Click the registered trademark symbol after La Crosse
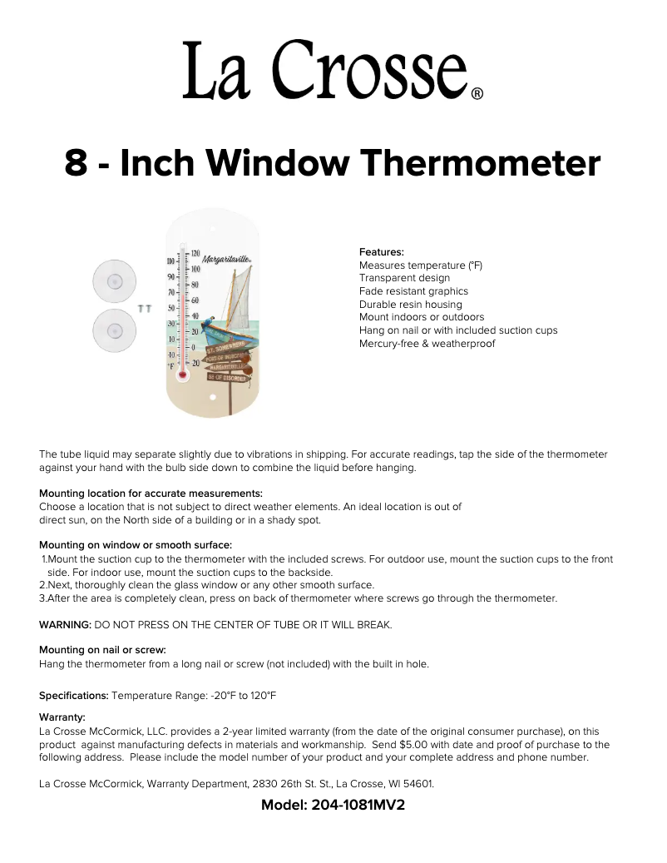pyautogui.click(x=477, y=94)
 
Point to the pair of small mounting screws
pyautogui.click(x=145, y=309)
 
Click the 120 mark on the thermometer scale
pyautogui.click(x=196, y=253)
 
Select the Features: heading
pyautogui.click(x=382, y=251)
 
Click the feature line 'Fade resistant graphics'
pyautogui.click(x=413, y=291)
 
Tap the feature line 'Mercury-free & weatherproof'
pyautogui.click(x=427, y=343)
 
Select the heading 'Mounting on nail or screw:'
pyautogui.click(x=102, y=650)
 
